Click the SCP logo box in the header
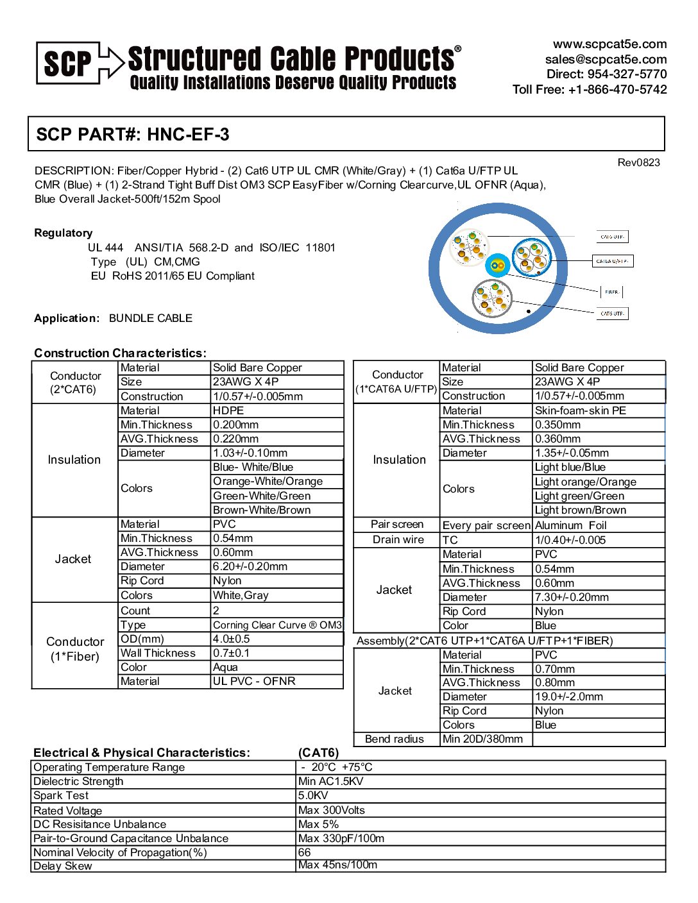tap(68, 63)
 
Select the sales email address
tap(606, 59)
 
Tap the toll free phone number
tap(617, 89)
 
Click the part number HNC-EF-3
tap(188, 134)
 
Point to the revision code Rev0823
tap(638, 162)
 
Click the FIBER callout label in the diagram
tap(612, 292)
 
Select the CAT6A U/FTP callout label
tap(612, 261)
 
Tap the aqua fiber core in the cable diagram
tap(496, 266)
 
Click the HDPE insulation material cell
tap(228, 410)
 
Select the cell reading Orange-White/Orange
tap(268, 481)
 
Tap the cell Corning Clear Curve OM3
tap(277, 625)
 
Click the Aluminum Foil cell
tap(570, 525)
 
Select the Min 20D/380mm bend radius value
tap(482, 739)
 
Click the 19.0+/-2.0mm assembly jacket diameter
tap(568, 696)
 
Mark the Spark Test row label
tap(61, 795)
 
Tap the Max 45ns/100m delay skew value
tap(337, 865)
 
